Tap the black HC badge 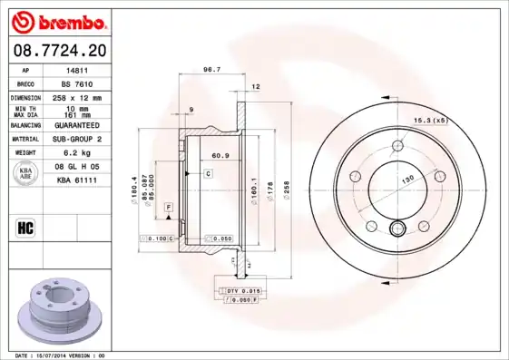click(25, 227)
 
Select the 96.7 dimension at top click(212, 69)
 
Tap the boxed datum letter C click(208, 172)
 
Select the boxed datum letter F click(168, 208)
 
